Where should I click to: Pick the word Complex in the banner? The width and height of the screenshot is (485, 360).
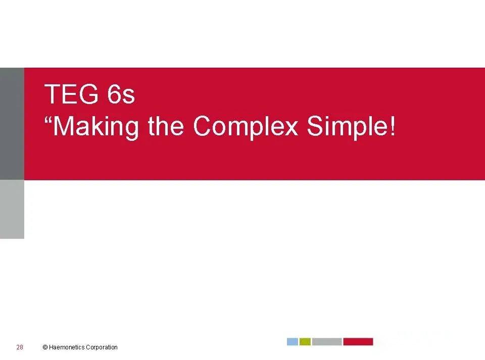246,127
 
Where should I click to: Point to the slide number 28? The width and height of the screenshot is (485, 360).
20,347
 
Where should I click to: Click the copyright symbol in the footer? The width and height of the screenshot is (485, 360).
45,347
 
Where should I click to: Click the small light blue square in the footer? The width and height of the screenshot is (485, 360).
293,342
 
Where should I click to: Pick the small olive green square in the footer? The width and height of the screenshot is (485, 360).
305,342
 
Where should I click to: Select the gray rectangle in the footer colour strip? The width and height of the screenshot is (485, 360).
326,342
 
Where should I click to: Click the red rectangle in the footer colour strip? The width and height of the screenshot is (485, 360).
358,342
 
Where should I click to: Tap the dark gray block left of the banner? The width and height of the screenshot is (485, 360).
12,124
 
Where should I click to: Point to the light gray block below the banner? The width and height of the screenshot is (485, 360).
12,209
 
